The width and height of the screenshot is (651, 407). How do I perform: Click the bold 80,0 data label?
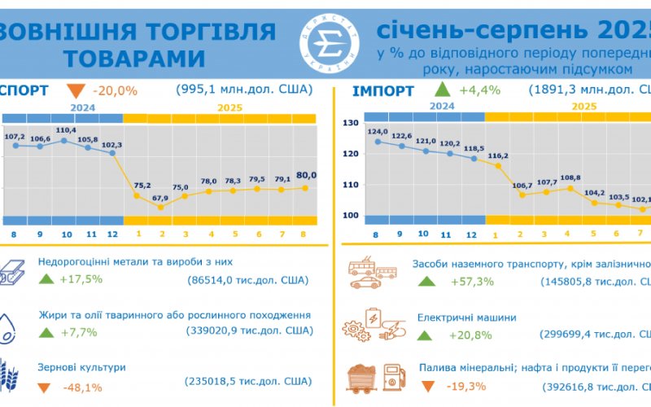(x=306, y=175)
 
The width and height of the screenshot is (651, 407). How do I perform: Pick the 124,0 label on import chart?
(x=378, y=131)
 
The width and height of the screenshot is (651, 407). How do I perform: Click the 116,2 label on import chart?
(x=498, y=155)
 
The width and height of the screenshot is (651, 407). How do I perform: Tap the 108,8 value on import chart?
(x=570, y=177)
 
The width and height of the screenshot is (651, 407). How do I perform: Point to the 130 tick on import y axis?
(x=351, y=123)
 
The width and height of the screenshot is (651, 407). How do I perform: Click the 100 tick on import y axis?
(x=351, y=216)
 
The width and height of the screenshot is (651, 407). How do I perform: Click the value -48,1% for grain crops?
(x=81, y=387)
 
